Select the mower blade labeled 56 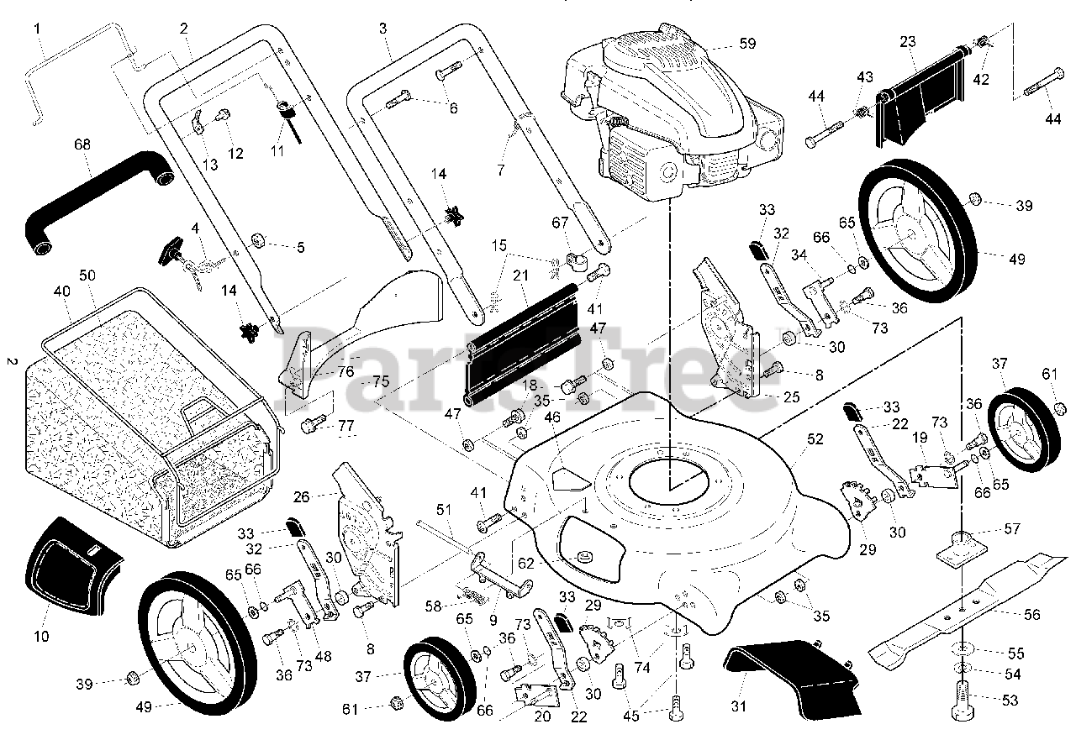point(967,605)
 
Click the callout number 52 point(815,438)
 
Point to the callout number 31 point(738,706)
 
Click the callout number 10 point(41,636)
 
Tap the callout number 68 point(82,144)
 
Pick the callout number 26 point(302,497)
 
